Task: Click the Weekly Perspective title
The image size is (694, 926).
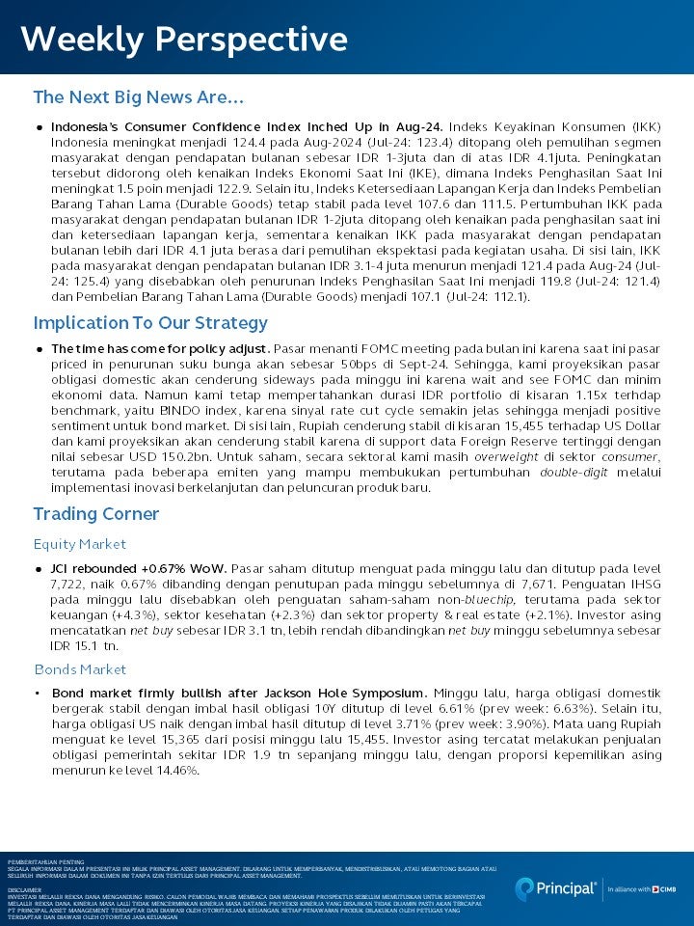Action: tap(183, 40)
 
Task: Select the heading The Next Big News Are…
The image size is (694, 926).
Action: tap(138, 97)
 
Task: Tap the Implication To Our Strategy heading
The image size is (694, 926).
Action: tap(150, 323)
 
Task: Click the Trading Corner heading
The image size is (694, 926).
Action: tap(95, 513)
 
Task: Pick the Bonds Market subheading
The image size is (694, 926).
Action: tap(81, 669)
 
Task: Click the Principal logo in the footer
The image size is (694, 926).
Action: tap(556, 888)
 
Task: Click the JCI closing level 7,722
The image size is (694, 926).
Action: tap(67, 584)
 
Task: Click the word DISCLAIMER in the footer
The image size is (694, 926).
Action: tap(24, 889)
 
